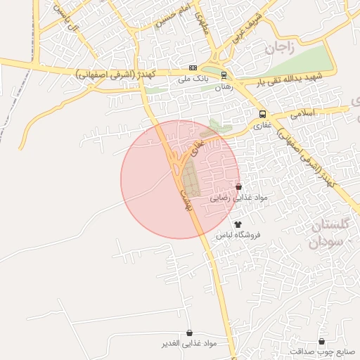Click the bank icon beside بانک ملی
pyautogui.click(x=193, y=67)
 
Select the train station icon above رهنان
pyautogui.click(x=224, y=75)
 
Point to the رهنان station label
pyautogui.click(x=223, y=86)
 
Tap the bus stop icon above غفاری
pyautogui.click(x=262, y=114)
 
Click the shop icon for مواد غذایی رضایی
pyautogui.click(x=239, y=187)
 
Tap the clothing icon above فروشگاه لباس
pyautogui.click(x=237, y=224)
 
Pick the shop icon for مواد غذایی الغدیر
pyautogui.click(x=189, y=333)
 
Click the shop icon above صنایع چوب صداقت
pyautogui.click(x=322, y=341)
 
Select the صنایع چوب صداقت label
pyautogui.click(x=322, y=352)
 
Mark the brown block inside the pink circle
pyautogui.click(x=191, y=179)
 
